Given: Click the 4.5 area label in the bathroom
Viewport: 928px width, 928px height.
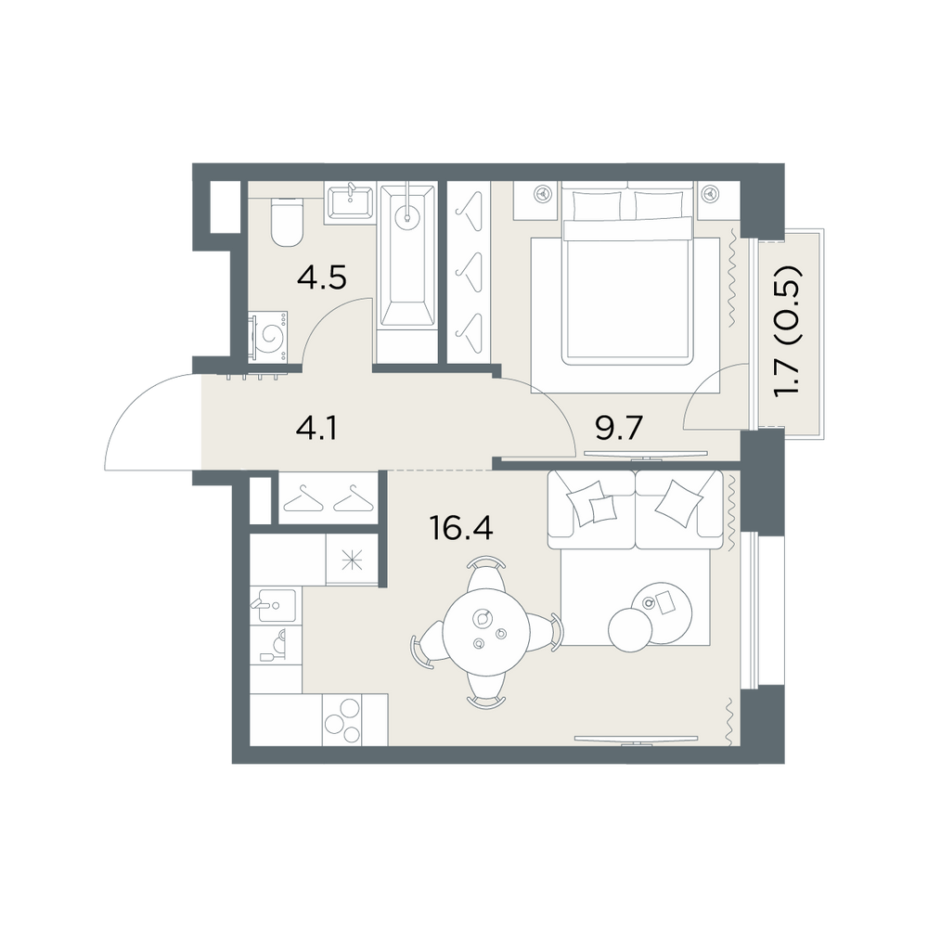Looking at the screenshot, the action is coord(321,277).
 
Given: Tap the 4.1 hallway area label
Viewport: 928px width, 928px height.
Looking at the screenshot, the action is coord(316,428).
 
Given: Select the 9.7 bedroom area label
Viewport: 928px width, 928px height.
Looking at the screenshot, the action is coord(619,428).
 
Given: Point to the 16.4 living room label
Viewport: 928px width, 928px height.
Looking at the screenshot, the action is coord(461,528).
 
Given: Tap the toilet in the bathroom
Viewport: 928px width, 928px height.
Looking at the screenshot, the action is coord(287,222).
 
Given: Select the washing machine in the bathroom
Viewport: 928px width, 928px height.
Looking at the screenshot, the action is coord(268,336).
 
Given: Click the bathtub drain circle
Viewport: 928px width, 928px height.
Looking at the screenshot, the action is coord(408,215).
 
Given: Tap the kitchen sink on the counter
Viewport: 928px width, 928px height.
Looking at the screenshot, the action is coord(273,605).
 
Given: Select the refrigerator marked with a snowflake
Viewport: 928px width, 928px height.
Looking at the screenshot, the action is coord(353,560).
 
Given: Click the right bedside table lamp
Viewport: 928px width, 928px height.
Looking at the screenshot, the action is coord(710,193).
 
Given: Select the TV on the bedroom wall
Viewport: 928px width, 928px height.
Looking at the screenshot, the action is coord(646,455).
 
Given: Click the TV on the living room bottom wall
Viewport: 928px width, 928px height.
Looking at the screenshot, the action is coord(637,740).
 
